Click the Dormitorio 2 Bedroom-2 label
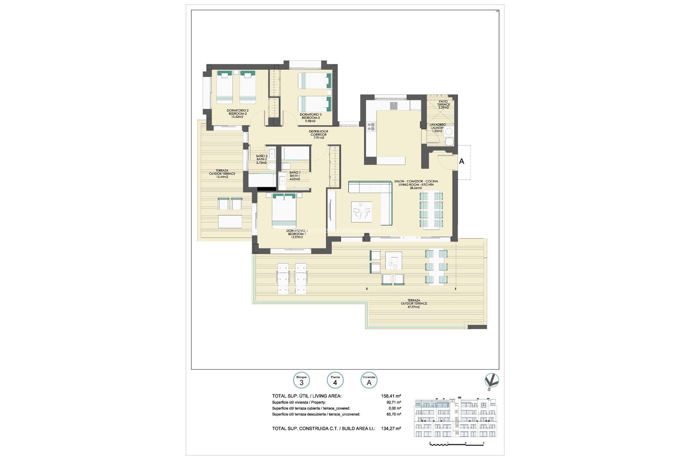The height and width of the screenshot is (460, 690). point(237,114)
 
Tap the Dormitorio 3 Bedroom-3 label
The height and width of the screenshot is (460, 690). point(310,118)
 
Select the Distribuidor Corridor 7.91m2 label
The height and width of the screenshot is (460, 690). point(318,134)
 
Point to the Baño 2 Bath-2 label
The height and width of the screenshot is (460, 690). point(262,159)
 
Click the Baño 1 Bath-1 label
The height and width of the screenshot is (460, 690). point(295,176)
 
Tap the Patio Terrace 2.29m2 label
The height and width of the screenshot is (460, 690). point(443,105)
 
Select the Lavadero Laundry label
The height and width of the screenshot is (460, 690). point(437,128)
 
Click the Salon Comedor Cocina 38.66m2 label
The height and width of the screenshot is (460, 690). point(416,184)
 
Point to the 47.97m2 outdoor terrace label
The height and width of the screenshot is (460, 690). point(414,304)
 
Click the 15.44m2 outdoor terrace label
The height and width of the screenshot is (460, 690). point(222,174)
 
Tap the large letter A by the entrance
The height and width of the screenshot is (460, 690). point(461,162)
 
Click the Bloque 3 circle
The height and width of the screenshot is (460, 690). point(302,381)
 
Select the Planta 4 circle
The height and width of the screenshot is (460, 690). point(335,381)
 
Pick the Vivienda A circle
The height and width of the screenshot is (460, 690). point(369,381)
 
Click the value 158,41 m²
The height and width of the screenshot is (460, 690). point(391,396)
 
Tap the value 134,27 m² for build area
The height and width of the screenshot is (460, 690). point(391,428)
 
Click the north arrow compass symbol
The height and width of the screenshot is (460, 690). point(491,381)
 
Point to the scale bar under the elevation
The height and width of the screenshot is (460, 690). point(457,444)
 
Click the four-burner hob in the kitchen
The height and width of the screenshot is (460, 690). point(371,126)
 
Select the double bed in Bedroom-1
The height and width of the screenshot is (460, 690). point(284,211)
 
